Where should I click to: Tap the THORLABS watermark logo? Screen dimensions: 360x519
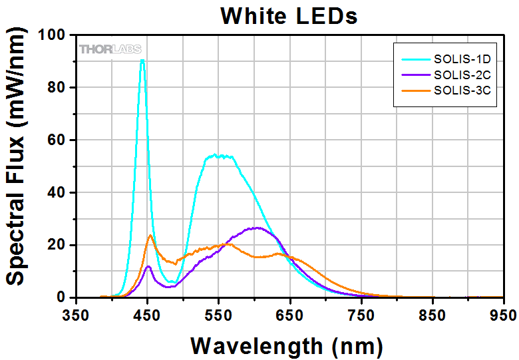click(x=110, y=49)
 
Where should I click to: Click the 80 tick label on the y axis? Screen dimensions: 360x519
click(x=58, y=87)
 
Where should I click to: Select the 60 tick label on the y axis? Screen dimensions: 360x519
click(x=58, y=140)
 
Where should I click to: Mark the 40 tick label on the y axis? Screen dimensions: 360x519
click(x=58, y=192)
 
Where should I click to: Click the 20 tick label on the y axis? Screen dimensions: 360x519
click(x=58, y=245)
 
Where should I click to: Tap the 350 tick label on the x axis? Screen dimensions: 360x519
click(x=75, y=314)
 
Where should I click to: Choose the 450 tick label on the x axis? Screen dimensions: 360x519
click(x=146, y=314)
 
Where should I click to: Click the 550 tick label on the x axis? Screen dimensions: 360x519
click(x=218, y=314)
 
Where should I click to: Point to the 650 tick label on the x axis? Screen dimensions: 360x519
click(x=289, y=314)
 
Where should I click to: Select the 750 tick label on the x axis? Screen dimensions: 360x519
click(x=361, y=314)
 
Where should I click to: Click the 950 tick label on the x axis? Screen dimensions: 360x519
click(x=503, y=314)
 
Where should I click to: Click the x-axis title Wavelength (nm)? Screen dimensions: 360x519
click(x=287, y=345)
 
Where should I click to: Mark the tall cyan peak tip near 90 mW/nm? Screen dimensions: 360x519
click(x=142, y=61)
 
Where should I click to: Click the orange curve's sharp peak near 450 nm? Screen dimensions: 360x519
click(x=150, y=235)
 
